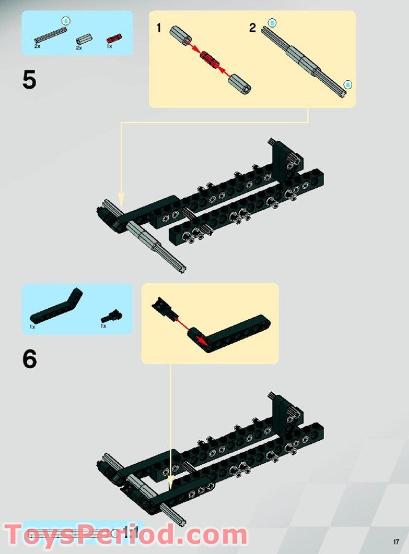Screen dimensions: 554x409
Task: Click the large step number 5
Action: tap(29, 80)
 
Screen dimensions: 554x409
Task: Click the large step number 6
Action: tap(29, 359)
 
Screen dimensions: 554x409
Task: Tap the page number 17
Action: tap(396, 542)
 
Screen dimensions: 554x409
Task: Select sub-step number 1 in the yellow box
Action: tap(159, 28)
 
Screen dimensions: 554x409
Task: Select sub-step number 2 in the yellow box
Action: tap(252, 28)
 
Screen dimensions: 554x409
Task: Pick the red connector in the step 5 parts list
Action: tap(112, 39)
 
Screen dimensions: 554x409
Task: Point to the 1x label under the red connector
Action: tap(109, 46)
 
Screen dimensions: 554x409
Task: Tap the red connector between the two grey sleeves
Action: tap(211, 60)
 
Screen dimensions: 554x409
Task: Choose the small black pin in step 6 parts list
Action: tap(111, 317)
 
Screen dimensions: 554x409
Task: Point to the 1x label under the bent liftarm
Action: tap(32, 327)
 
